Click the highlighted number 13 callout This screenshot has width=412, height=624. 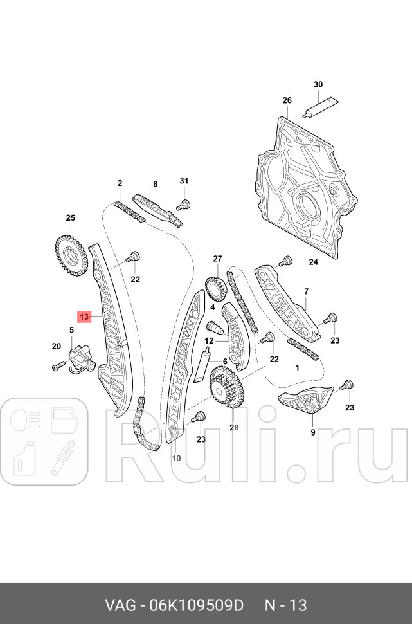[85, 316]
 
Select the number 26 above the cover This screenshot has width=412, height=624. [287, 100]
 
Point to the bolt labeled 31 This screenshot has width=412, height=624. [184, 205]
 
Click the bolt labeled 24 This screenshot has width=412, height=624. [285, 261]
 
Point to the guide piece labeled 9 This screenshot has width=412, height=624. [307, 403]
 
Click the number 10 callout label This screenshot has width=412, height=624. [176, 458]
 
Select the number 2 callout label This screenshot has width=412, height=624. [120, 184]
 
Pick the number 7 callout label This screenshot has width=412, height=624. [306, 291]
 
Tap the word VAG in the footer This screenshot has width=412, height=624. [121, 605]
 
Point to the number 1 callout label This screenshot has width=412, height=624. [296, 368]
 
